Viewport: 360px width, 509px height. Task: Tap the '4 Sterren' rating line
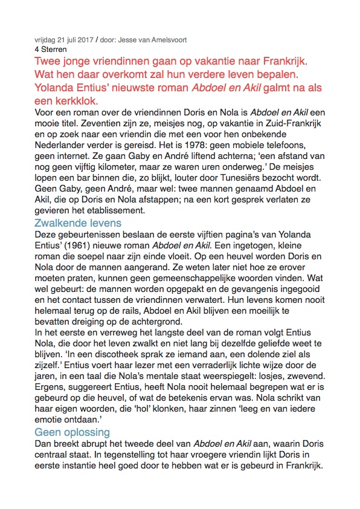[x=51, y=49]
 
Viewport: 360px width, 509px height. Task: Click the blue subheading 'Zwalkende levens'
[x=79, y=223]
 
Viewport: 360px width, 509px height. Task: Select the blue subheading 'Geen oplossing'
[x=72, y=432]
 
